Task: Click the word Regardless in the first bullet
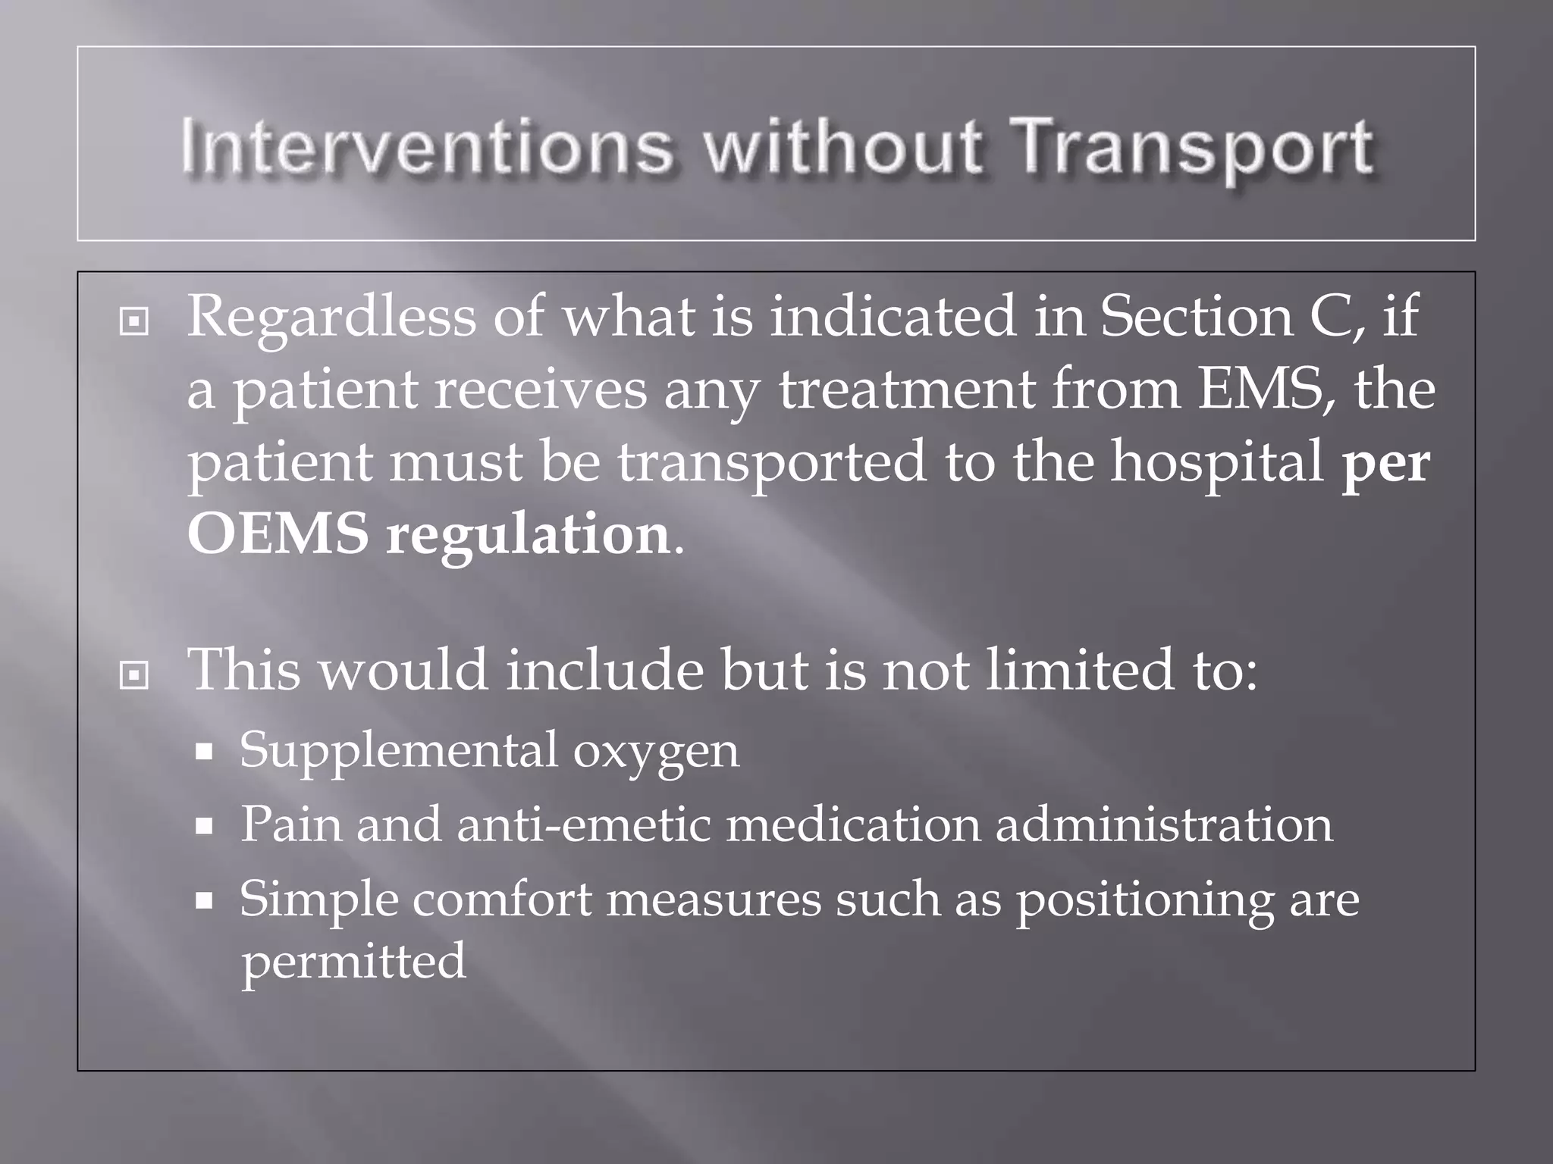[x=331, y=317]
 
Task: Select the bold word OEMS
[x=278, y=534]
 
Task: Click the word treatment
[x=907, y=390]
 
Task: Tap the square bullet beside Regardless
[x=134, y=322]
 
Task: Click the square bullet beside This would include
[x=134, y=674]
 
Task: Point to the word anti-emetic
[x=583, y=824]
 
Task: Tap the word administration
[x=1163, y=824]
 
